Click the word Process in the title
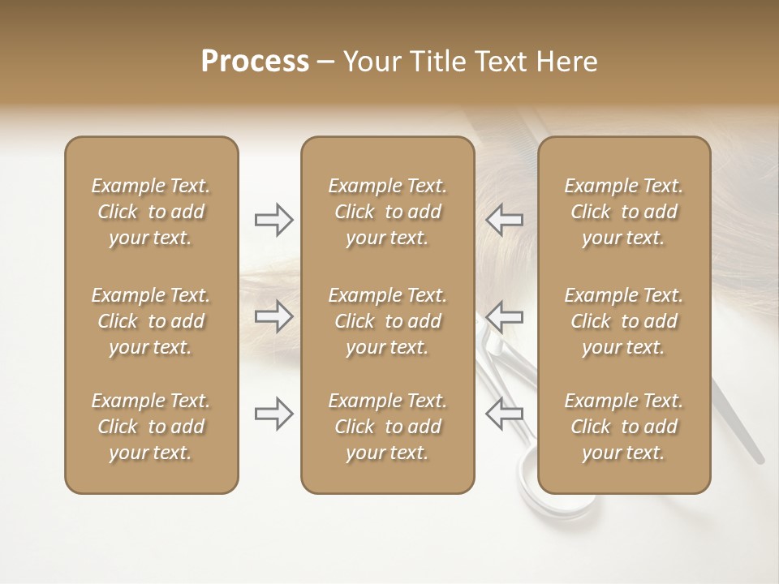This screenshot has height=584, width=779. pos(255,62)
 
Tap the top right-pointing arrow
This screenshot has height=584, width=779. pos(273,220)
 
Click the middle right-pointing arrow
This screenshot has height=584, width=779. pos(273,316)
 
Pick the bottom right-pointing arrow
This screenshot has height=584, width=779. pos(273,413)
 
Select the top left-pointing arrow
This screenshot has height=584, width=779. pos(504,220)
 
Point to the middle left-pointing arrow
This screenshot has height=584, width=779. pos(504,316)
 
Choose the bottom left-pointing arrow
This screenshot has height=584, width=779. pos(504,413)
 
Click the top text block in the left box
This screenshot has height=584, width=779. pos(151,212)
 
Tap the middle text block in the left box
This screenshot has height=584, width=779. pos(151,321)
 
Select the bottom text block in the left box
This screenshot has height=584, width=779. pos(151,427)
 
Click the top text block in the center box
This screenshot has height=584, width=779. pos(387,212)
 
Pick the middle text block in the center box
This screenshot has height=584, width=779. pos(387,321)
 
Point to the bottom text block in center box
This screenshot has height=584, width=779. pos(387,427)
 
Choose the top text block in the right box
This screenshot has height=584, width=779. pos(624,212)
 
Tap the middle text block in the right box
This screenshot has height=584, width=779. pos(624,321)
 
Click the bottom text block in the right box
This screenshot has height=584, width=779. pos(624,427)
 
